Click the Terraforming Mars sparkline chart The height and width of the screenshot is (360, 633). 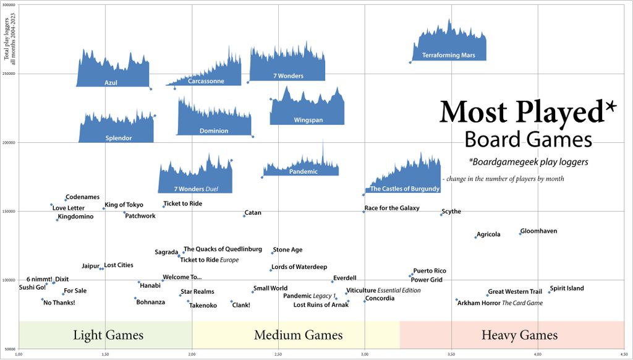449,43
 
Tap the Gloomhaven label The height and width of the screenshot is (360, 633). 538,231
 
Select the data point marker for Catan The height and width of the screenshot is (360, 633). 244,216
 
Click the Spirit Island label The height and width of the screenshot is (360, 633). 567,288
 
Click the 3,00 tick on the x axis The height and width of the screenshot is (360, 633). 365,354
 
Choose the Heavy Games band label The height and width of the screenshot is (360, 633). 519,335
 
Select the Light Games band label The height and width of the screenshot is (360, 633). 108,335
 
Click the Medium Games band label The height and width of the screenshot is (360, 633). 298,335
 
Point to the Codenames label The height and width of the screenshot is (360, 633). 82,197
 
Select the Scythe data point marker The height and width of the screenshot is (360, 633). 441,215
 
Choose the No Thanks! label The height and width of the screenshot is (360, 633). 59,302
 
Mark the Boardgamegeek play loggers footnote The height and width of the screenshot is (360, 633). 528,162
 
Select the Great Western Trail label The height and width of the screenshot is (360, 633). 515,291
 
